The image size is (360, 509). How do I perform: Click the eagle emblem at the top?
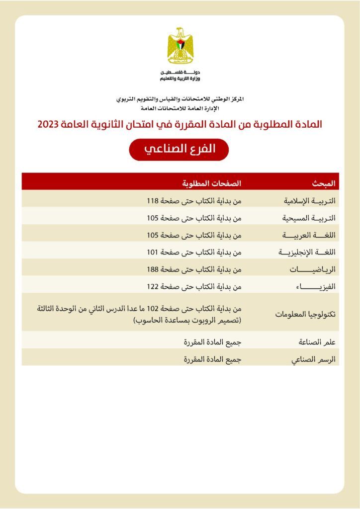tap(180, 46)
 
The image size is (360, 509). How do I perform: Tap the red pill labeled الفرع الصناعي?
tap(179, 149)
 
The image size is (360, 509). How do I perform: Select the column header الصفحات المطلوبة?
tap(211, 183)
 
